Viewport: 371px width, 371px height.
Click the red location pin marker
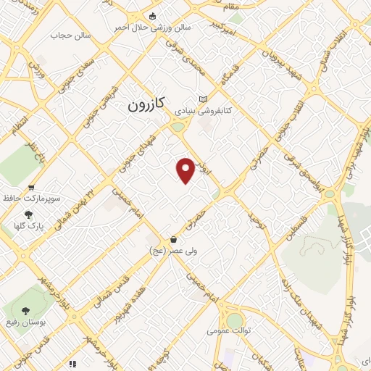coord(186,170)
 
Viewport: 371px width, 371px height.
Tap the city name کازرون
coord(146,104)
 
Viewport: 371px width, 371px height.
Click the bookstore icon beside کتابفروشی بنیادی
coord(203,99)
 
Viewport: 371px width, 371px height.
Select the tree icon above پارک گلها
coord(28,214)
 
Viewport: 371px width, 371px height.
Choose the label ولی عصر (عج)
coord(167,250)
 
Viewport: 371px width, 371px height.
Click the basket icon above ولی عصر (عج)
coord(173,239)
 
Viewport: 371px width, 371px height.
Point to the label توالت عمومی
coord(227,330)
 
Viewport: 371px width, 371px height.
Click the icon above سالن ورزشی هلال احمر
coord(151,16)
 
